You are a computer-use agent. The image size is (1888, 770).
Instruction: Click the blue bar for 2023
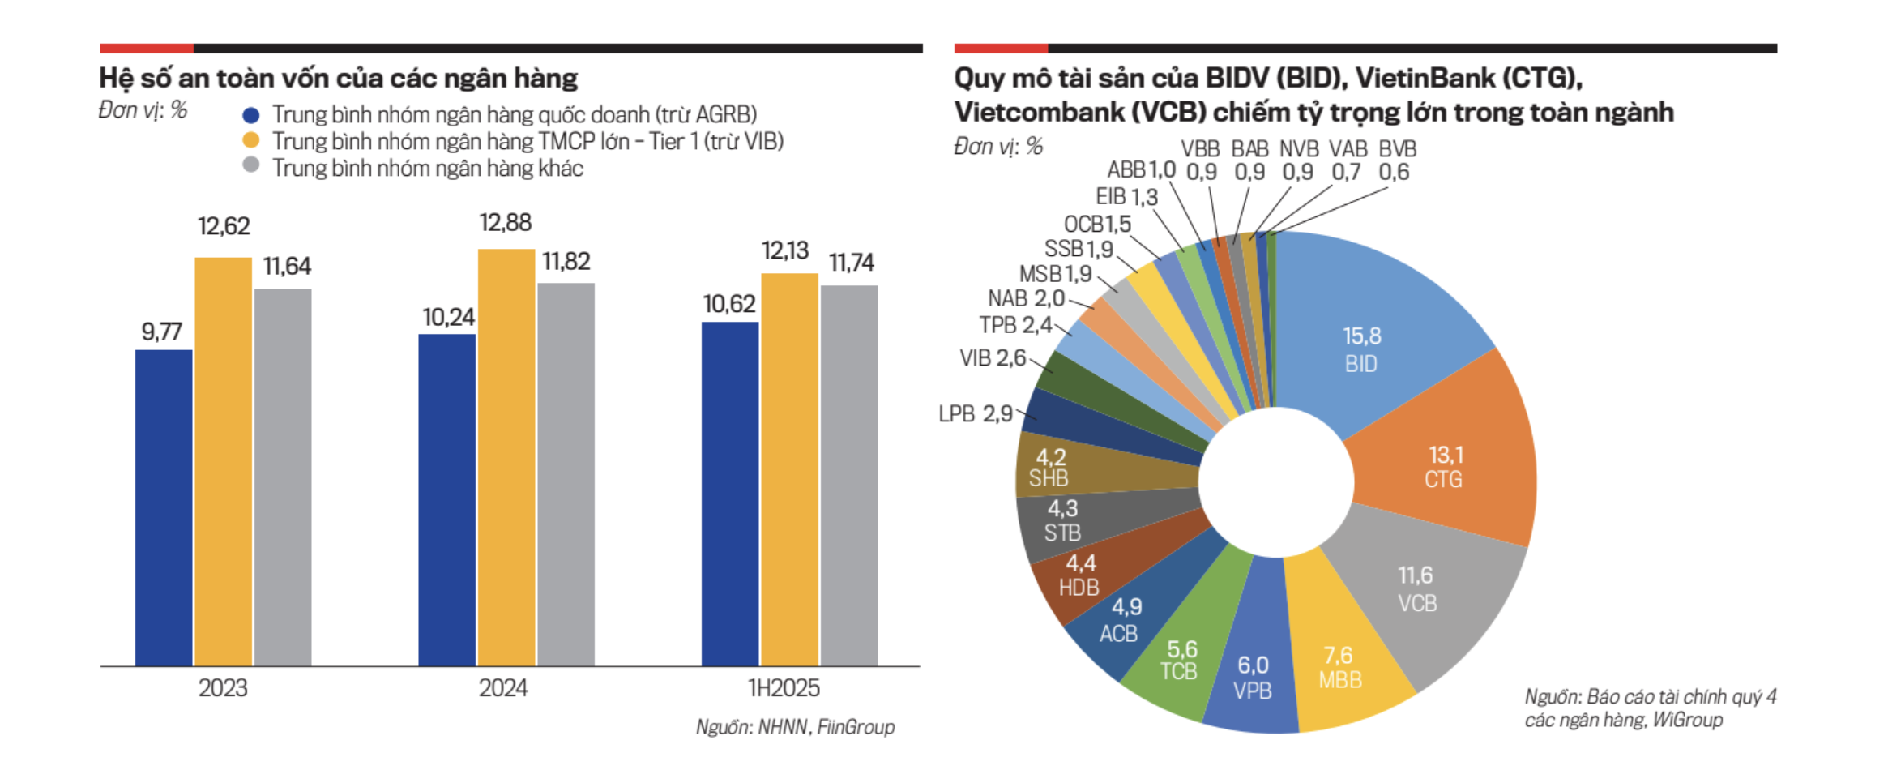[164, 507]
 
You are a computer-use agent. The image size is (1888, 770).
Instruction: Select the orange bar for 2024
[506, 457]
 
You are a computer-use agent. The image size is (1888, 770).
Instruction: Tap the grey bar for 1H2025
[849, 475]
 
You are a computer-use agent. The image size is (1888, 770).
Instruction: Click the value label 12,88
[506, 223]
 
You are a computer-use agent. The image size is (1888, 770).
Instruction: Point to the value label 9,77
[162, 332]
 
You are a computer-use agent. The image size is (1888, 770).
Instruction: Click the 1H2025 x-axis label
[784, 688]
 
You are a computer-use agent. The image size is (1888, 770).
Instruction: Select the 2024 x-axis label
[503, 688]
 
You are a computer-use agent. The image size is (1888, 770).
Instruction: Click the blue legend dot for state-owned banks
[251, 115]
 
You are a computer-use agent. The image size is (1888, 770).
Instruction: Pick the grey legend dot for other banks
[251, 165]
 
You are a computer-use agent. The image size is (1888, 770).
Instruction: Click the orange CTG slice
[1450, 462]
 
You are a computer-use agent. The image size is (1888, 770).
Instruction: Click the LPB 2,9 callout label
[976, 414]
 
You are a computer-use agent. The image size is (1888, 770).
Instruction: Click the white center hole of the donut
[1276, 482]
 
